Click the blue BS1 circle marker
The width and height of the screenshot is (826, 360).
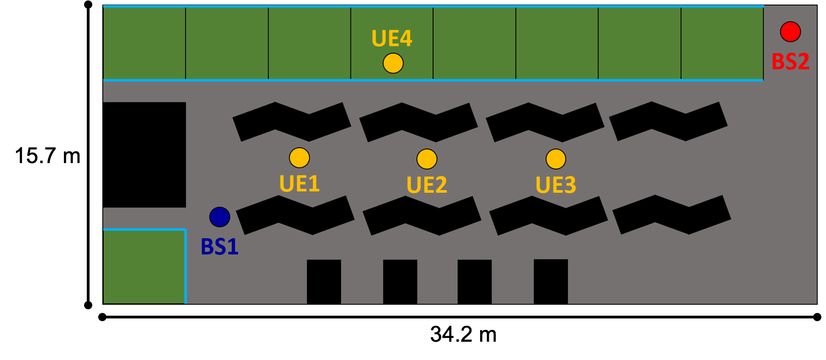220,217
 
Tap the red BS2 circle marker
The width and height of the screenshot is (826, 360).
790,32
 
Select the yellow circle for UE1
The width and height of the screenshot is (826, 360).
299,158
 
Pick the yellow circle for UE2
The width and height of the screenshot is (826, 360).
427,159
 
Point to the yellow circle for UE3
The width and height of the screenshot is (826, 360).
556,159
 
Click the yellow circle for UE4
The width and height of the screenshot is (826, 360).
393,64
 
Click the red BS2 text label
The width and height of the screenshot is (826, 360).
790,62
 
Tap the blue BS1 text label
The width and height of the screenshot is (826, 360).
220,247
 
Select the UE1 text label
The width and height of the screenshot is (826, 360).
299,184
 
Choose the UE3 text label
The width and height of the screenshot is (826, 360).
556,185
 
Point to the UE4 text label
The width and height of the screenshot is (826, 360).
392,38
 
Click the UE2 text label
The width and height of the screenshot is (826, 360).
427,185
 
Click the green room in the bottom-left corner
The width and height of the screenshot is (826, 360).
144,267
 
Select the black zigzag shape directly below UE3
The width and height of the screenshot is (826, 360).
548,216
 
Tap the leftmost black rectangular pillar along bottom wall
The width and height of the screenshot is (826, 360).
324,281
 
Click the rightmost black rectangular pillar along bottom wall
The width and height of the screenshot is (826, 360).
551,281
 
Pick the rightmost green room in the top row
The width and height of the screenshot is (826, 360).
722,43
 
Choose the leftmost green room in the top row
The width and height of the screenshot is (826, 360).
144,43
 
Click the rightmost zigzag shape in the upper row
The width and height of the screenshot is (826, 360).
668,121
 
